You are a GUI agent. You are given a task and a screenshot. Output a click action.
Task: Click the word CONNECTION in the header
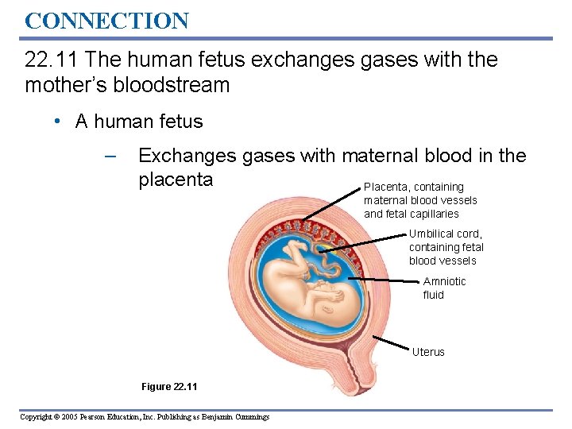[106, 21]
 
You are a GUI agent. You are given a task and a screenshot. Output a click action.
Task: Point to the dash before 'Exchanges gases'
[110, 157]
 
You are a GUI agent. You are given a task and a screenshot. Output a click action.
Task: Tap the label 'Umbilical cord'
[445, 234]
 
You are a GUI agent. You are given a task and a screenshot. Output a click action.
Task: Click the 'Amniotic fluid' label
[444, 288]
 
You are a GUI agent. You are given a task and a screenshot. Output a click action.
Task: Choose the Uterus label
[428, 352]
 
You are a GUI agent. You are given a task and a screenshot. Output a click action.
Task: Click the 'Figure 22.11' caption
[169, 387]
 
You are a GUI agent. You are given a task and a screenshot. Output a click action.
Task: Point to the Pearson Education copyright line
[145, 417]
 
